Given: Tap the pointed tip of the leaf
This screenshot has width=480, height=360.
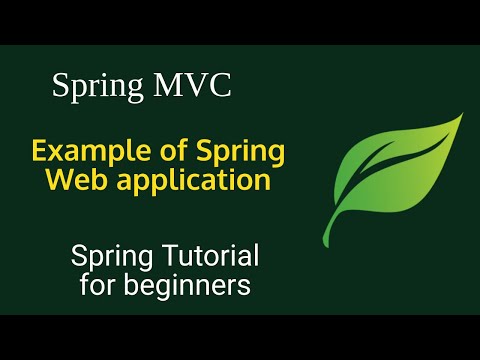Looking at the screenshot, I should click(461, 115).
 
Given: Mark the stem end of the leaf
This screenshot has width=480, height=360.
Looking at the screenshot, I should click(336, 228).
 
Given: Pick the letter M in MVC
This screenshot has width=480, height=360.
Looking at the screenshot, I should click(166, 86).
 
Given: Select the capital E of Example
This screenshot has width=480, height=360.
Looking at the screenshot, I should click(41, 151).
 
